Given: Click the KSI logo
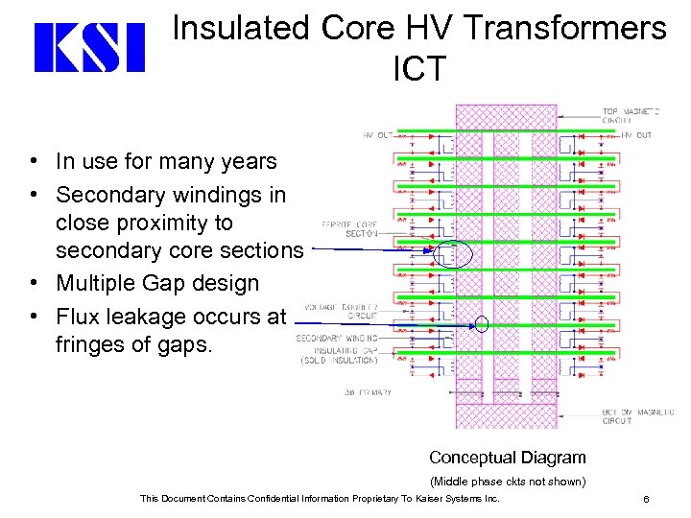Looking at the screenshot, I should tap(89, 48).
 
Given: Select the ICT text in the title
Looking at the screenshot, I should tap(419, 69).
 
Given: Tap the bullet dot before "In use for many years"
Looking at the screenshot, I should tap(34, 162).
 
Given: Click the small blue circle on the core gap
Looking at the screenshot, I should tap(482, 324).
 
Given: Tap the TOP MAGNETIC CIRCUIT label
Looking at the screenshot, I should tap(631, 116).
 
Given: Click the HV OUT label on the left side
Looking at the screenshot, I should tap(377, 135).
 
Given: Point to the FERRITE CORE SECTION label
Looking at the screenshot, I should tap(357, 229).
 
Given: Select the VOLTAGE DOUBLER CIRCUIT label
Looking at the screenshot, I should tap(341, 310).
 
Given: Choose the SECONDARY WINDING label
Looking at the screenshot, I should tap(337, 338).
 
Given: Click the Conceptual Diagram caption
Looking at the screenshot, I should tap(507, 458).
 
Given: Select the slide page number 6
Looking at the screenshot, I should tap(647, 499).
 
